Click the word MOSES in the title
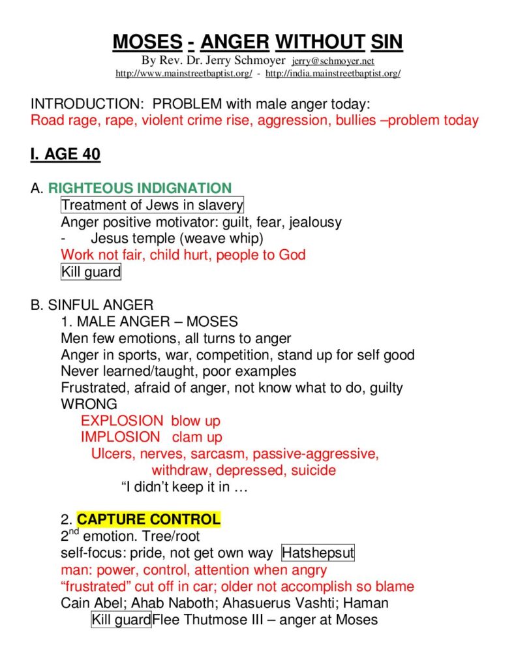pos(147,42)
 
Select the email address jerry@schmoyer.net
pos(333,61)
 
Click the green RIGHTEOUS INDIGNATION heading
pos(140,189)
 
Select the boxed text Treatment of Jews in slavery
pos(152,205)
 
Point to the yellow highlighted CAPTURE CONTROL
pos(149,520)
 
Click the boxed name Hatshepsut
pos(318,553)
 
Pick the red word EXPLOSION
pos(122,421)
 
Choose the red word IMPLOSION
pos(120,437)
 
